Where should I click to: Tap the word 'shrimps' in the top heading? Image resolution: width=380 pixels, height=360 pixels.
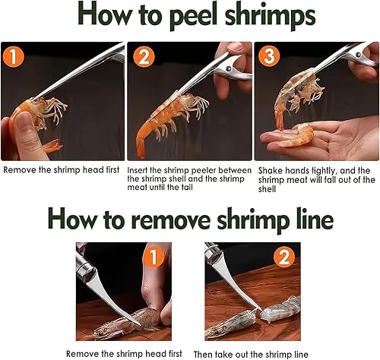(x=270, y=17)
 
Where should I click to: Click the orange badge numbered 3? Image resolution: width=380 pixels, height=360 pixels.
(x=269, y=56)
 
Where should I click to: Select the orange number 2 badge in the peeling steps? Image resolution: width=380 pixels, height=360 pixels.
(x=144, y=56)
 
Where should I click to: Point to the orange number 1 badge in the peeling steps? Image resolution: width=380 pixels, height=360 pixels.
(x=14, y=56)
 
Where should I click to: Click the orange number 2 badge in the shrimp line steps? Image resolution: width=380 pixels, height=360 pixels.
(x=283, y=257)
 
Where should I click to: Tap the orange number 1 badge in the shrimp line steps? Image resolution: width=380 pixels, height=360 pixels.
(x=154, y=257)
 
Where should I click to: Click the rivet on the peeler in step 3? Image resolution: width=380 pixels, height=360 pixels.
(x=358, y=55)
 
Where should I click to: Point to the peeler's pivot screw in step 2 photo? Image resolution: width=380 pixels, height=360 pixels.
(x=229, y=68)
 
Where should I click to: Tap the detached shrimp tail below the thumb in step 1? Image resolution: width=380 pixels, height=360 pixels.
(x=52, y=146)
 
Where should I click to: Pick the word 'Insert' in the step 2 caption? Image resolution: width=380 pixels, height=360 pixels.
(x=138, y=170)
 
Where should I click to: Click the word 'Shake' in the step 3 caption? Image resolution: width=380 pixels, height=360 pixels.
(x=270, y=171)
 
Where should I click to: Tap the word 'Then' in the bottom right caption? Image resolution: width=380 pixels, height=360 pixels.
(x=203, y=354)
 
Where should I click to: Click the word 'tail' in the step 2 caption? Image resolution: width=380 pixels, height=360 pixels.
(x=186, y=188)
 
